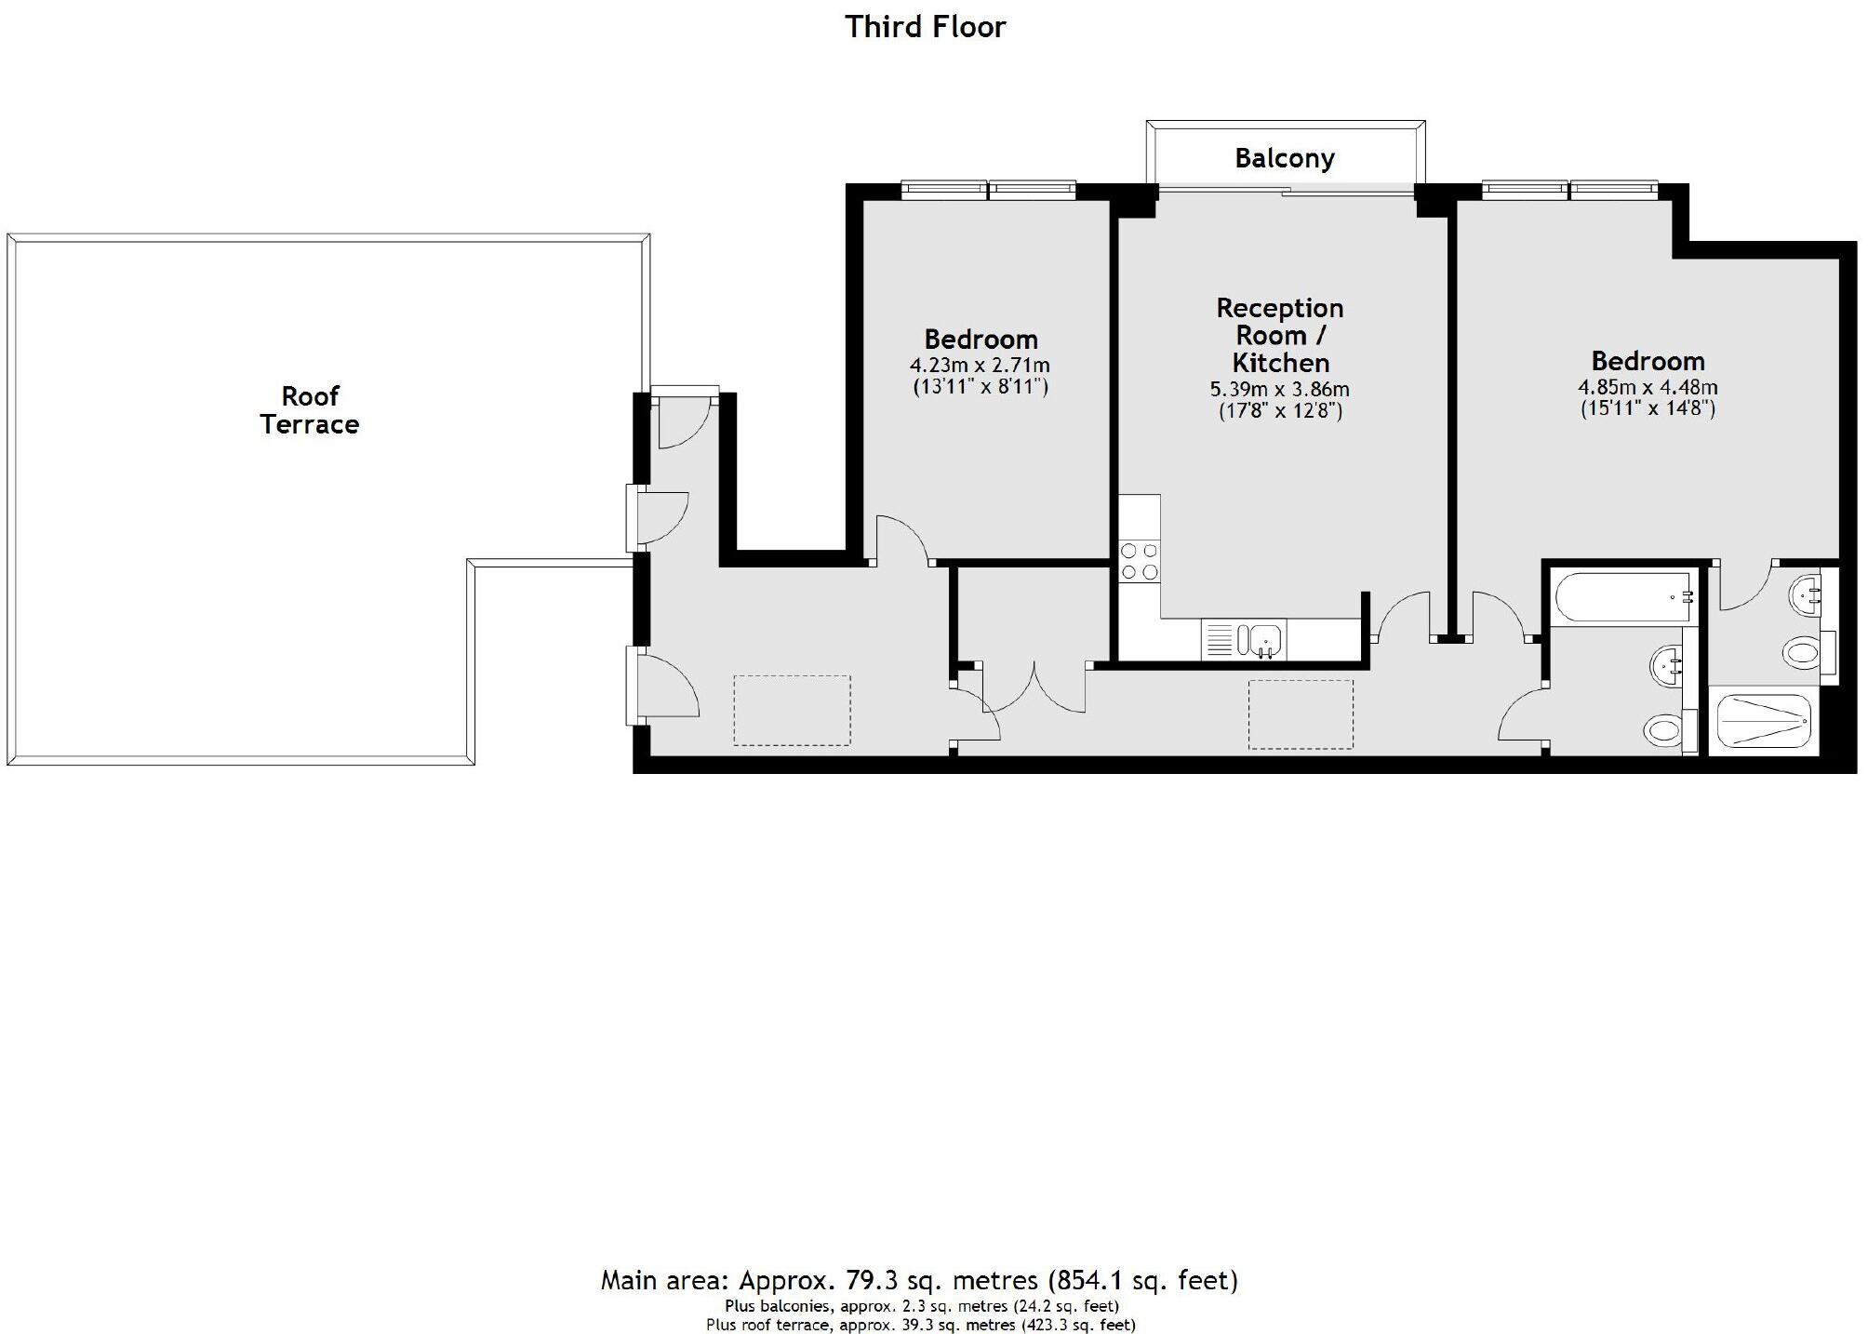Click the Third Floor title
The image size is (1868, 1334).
tap(925, 26)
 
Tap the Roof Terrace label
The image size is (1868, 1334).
tap(310, 410)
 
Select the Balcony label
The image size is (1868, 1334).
tap(1284, 158)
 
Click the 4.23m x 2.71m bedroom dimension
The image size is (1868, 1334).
tap(981, 365)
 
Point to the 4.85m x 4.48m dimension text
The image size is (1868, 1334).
tap(1648, 387)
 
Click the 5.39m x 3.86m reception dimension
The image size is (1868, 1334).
tap(1280, 389)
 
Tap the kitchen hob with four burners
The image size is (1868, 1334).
tap(1140, 561)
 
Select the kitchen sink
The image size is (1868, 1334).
tap(1263, 640)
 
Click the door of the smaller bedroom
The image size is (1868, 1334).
tap(901, 540)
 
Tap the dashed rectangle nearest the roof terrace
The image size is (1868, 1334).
tap(792, 710)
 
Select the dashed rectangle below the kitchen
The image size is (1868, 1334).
tap(1301, 714)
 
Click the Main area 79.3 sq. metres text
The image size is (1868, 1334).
tap(919, 1280)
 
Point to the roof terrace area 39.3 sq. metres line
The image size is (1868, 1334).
tap(920, 1325)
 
